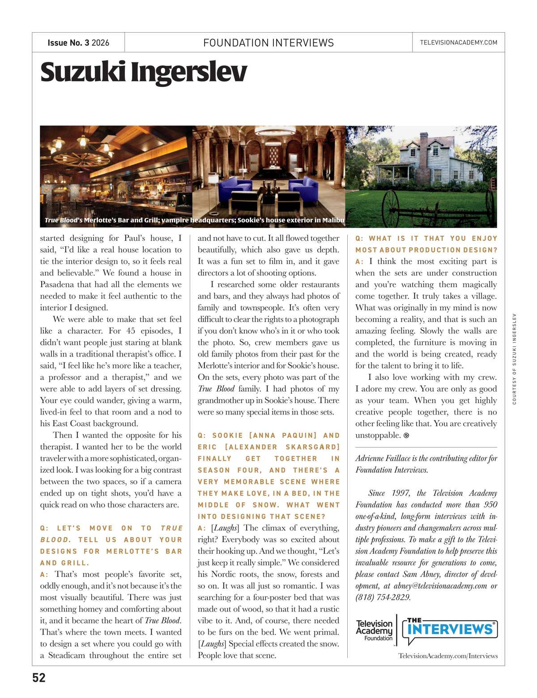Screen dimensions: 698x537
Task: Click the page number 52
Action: [x=39, y=677]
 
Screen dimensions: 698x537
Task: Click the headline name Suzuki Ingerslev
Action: [x=143, y=72]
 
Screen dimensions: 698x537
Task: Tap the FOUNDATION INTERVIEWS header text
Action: [x=268, y=43]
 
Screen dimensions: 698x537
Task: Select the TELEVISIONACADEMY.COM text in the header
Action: [x=458, y=43]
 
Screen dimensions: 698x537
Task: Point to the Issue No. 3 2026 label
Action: [x=78, y=43]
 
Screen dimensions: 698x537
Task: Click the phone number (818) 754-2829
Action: [x=383, y=597]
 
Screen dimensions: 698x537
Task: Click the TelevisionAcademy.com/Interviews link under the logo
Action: [x=448, y=656]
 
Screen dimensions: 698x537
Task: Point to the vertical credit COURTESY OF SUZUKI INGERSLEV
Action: [x=515, y=358]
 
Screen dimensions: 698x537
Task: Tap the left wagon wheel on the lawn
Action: [x=390, y=207]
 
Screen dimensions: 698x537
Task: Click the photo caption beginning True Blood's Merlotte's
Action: [x=194, y=220]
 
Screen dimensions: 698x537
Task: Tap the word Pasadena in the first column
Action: [x=57, y=284]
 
